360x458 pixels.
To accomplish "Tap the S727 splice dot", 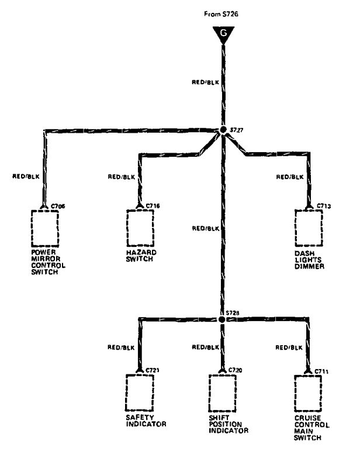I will coord(222,130).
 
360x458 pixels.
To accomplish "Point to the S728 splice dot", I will coord(222,320).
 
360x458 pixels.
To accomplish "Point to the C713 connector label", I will coord(324,206).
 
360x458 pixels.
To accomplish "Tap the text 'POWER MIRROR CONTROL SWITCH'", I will coord(49,262).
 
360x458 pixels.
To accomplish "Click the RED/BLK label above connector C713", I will coord(289,176).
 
